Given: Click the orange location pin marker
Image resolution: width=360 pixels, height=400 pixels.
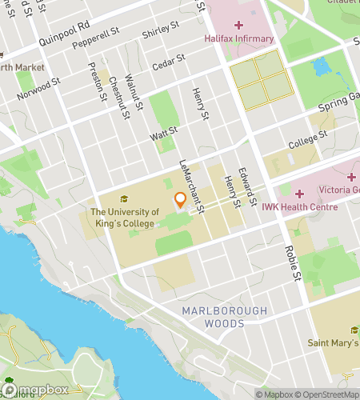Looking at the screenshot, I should point(180,201).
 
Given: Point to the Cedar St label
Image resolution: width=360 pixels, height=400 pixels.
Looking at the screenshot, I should point(169,60).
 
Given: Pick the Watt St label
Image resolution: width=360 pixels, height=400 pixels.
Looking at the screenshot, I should point(163,134).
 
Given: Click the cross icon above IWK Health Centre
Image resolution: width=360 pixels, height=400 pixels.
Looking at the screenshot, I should point(300,194).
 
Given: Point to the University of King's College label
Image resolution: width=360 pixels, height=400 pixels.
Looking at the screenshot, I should point(124,218).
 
